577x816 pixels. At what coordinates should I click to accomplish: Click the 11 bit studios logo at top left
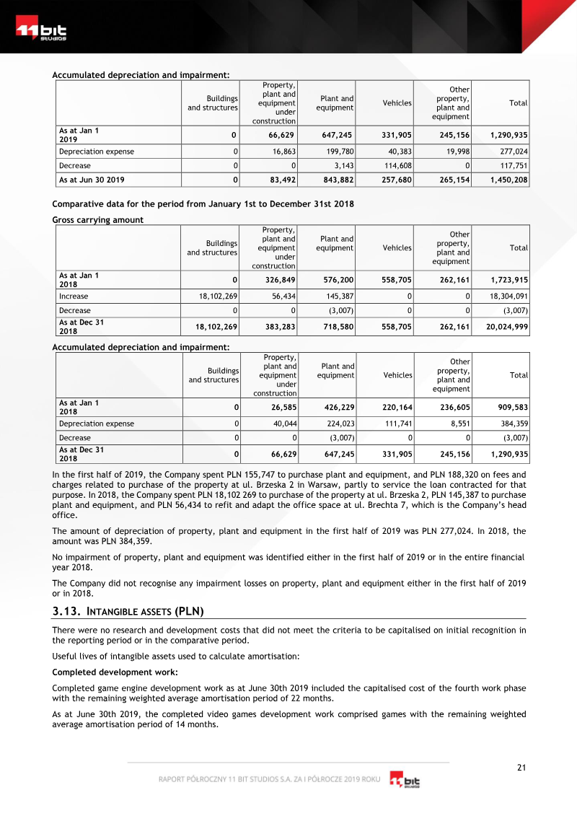41,32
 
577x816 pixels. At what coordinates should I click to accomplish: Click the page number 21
521,767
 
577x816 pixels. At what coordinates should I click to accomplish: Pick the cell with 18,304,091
508,297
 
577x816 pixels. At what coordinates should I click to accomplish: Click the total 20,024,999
508,327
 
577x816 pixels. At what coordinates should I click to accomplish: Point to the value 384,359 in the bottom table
513,424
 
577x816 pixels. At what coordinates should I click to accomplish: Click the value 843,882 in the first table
335,180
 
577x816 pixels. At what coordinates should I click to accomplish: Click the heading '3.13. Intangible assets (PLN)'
128,612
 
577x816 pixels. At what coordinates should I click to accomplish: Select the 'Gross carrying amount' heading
98,220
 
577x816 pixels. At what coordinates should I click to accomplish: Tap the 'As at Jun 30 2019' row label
92,180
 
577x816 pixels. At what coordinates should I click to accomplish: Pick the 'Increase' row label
74,297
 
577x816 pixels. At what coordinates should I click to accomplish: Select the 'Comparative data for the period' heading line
203,204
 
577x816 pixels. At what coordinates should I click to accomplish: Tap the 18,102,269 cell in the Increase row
216,297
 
